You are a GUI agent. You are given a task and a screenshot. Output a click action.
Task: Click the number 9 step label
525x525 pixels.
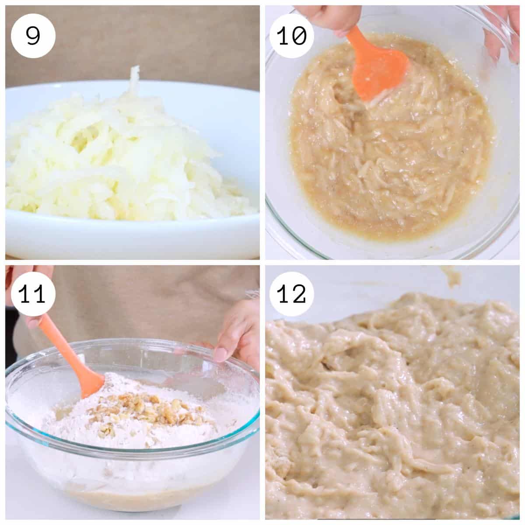pyautogui.click(x=33, y=36)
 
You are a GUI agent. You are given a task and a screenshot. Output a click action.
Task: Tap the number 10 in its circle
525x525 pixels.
pyautogui.click(x=291, y=36)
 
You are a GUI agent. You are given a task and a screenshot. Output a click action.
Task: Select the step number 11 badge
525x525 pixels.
pyautogui.click(x=33, y=294)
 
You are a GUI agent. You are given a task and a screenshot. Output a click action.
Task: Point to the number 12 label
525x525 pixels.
pyautogui.click(x=291, y=294)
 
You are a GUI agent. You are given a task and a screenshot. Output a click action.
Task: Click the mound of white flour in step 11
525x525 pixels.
pyautogui.click(x=131, y=424)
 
